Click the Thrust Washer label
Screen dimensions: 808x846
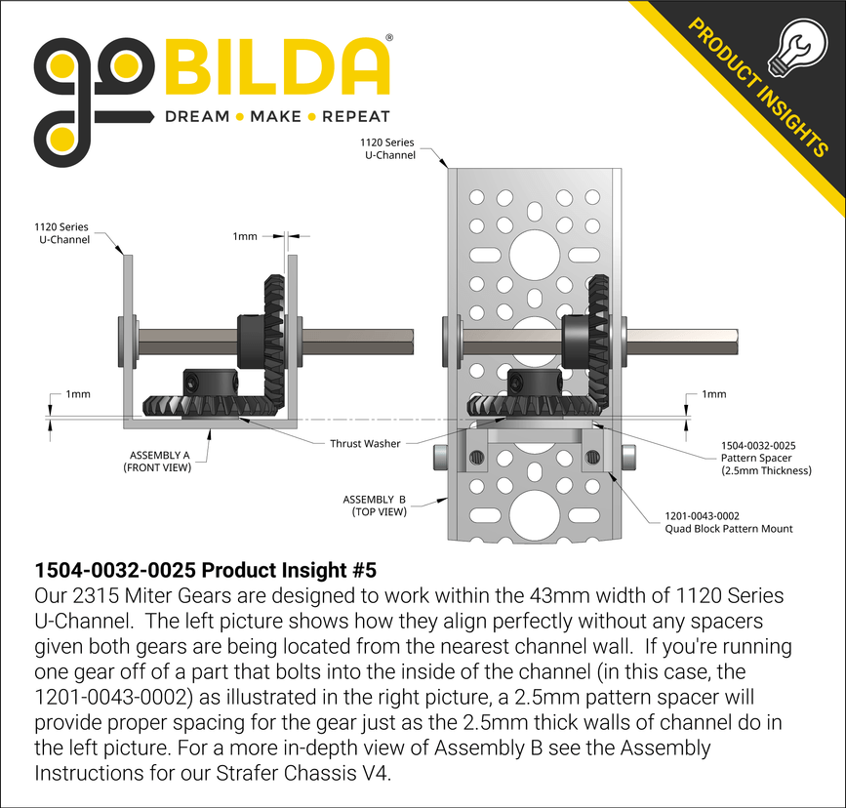(365, 443)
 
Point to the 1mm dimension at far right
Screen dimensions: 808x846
(714, 394)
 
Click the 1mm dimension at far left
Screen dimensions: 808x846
(77, 394)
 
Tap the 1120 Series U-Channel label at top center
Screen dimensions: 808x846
(387, 148)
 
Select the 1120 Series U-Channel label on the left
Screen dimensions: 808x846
(60, 233)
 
